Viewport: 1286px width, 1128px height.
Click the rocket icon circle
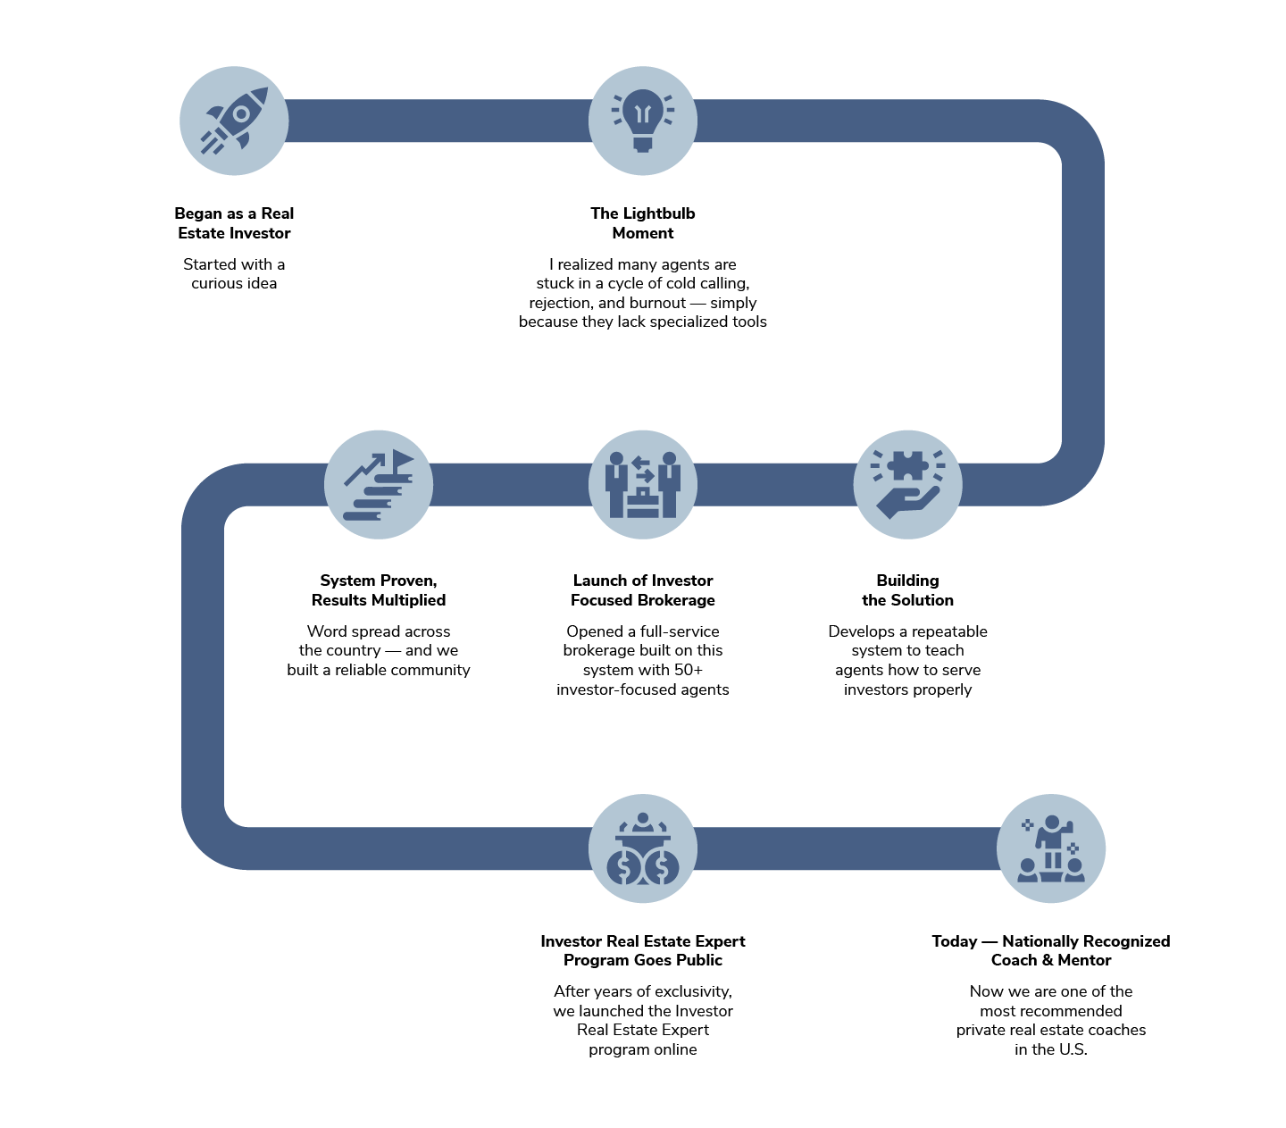234,121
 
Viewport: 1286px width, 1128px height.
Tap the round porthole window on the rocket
241,114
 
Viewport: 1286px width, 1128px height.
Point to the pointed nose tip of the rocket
265,89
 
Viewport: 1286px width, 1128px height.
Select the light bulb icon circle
643,121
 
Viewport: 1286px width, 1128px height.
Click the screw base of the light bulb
643,142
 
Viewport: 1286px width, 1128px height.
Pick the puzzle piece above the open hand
907,465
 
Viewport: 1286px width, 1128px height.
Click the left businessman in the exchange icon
616,484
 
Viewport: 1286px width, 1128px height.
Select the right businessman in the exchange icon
670,484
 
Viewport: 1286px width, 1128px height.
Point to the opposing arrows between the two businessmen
643,468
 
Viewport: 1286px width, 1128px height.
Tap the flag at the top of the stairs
402,459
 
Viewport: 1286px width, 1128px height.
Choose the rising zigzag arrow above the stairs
364,469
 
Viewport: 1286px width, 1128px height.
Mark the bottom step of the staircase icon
361,515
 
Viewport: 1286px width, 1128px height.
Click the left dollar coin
624,866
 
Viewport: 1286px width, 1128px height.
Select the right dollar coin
662,866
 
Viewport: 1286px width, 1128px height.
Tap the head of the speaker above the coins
643,817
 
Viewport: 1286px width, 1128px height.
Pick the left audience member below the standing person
1029,870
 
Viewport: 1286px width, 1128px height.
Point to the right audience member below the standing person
1074,870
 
